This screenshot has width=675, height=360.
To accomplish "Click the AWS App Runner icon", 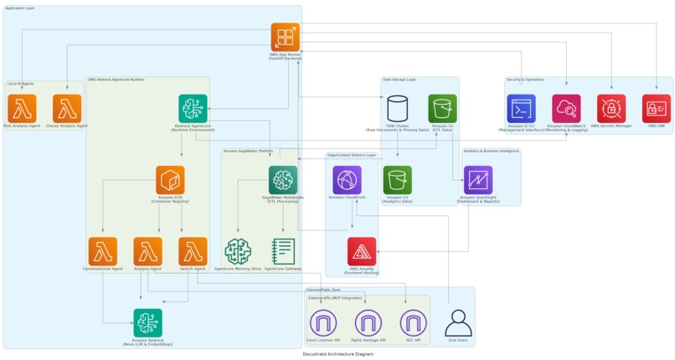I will click(285, 38).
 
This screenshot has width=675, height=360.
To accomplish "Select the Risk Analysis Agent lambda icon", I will click(22, 109).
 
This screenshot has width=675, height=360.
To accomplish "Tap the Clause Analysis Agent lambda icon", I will click(67, 109).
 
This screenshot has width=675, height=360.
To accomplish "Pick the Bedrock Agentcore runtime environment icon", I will click(193, 109).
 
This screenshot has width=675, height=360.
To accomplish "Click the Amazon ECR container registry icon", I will click(170, 180).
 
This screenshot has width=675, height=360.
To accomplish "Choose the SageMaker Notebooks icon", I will click(283, 180).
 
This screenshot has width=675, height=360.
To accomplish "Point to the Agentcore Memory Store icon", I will click(238, 251).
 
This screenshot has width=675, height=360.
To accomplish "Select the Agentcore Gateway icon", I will click(283, 251).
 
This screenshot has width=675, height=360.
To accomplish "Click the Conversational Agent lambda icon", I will click(102, 251).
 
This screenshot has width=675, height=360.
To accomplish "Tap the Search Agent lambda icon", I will click(193, 251).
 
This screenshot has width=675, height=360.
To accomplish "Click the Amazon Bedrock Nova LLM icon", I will click(147, 322).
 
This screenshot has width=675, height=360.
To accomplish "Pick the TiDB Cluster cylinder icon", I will click(398, 109).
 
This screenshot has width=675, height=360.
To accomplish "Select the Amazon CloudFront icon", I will click(347, 180).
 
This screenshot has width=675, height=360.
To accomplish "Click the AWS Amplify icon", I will click(362, 251).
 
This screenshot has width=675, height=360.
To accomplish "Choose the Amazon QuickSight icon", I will click(478, 180).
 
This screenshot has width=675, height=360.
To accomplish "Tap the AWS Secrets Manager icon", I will click(611, 109).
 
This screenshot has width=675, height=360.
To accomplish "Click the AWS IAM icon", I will click(657, 109).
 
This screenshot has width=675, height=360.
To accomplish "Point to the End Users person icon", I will click(458, 322).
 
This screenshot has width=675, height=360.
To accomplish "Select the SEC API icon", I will click(413, 322).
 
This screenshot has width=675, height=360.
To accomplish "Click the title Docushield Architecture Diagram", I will click(337, 354).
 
